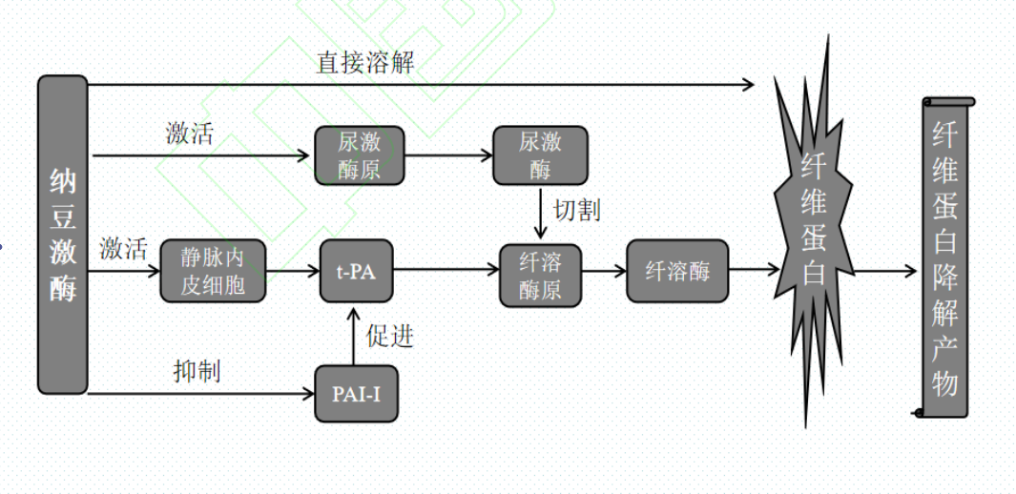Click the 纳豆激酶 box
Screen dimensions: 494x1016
tap(63, 235)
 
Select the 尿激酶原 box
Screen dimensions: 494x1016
tap(360, 155)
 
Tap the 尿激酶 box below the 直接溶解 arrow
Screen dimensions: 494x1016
tap(540, 155)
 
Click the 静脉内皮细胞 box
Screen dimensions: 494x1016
tap(213, 271)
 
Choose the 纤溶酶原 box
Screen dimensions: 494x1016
tap(540, 274)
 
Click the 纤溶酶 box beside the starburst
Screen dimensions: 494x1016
tap(677, 271)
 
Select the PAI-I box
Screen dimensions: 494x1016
tap(356, 392)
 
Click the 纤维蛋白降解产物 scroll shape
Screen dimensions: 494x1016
tap(944, 257)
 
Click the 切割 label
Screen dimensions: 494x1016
tap(576, 210)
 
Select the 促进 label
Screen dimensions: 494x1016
tap(389, 335)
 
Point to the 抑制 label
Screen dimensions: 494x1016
tap(197, 370)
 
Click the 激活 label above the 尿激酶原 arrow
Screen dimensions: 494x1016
tap(189, 134)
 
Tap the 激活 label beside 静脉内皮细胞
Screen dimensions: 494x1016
tap(123, 250)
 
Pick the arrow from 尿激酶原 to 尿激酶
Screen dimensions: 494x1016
tap(448, 155)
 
